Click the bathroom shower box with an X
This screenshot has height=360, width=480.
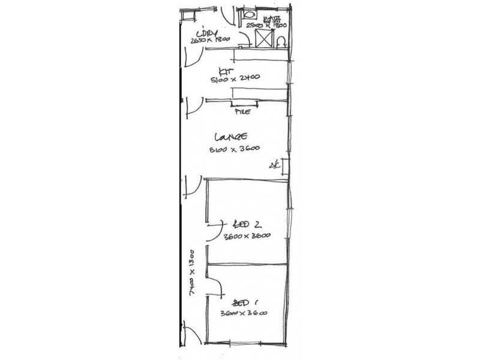(263, 39)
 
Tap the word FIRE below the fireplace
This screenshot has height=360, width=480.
(242, 112)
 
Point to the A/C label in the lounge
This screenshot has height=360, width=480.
(275, 165)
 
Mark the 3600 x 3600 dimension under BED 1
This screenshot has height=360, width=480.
(244, 313)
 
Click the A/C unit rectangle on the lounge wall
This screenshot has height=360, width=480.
(286, 166)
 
